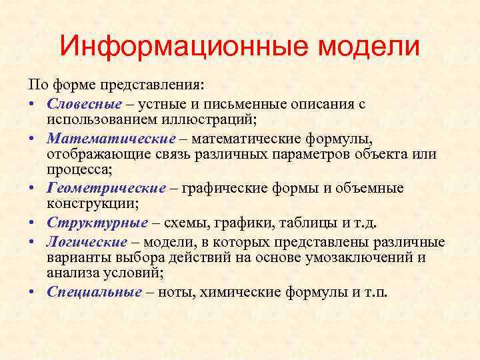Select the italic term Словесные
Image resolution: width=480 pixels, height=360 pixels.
point(85,104)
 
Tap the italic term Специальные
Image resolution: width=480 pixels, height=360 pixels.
point(94,291)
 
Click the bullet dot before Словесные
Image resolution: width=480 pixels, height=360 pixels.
point(33,105)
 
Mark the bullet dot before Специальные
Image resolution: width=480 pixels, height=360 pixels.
point(33,292)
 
